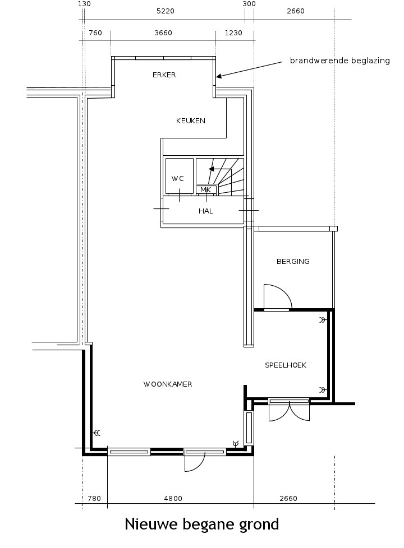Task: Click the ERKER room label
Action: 164,75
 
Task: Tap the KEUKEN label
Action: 190,121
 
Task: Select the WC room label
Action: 177,179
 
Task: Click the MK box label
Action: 206,190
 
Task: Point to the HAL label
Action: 206,211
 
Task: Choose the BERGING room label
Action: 293,262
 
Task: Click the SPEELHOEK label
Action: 286,365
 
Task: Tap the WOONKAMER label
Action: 168,384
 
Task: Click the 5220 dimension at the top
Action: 165,11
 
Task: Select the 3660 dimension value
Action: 163,33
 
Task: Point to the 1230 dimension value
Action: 233,33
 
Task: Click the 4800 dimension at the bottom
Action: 173,498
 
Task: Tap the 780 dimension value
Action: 94,498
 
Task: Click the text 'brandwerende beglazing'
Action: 340,61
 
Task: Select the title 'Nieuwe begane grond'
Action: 202,524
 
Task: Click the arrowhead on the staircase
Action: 211,169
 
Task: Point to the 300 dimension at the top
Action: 249,4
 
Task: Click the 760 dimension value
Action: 95,33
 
